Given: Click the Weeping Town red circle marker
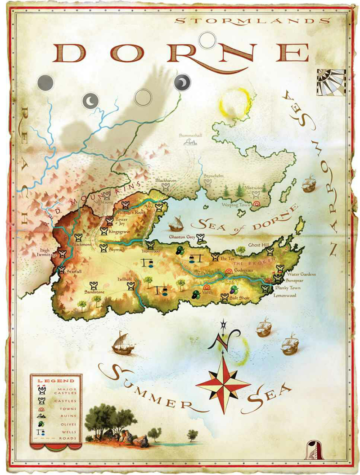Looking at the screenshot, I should click(x=257, y=204).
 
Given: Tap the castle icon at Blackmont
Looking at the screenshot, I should click(x=78, y=237).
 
